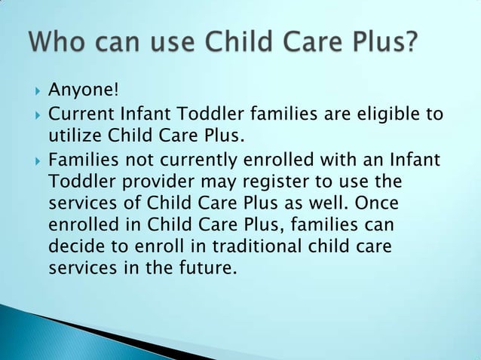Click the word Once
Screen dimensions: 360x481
375,204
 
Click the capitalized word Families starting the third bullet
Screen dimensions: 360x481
82,160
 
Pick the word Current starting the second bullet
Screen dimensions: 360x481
78,114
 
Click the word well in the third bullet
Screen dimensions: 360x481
329,204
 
